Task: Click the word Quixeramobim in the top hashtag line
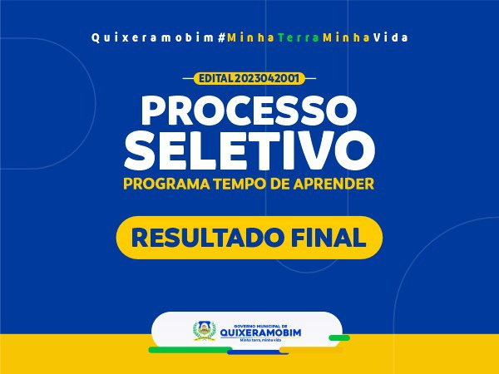(152, 38)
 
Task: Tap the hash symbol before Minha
(222, 38)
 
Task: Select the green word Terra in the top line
(299, 38)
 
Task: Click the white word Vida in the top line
(391, 38)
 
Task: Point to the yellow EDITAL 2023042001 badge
(249, 78)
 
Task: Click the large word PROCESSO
(249, 110)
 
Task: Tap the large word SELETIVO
(249, 150)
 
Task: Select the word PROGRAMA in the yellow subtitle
(166, 184)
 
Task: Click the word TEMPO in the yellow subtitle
(240, 184)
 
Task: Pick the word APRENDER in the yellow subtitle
(333, 184)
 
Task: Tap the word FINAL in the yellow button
(329, 237)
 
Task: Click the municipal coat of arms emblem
(205, 331)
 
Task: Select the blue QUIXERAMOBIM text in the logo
(260, 332)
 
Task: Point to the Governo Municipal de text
(260, 327)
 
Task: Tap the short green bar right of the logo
(339, 337)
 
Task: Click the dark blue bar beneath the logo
(258, 352)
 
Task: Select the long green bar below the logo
(190, 350)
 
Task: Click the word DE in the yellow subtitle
(279, 184)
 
